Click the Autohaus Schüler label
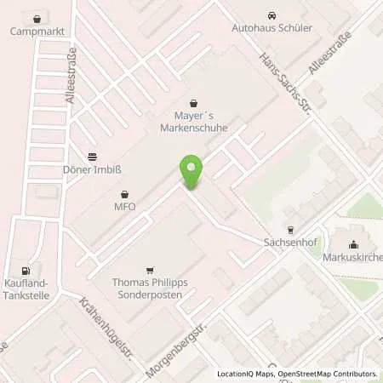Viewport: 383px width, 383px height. pyautogui.click(x=272, y=28)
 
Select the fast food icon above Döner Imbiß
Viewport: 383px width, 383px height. pyautogui.click(x=92, y=155)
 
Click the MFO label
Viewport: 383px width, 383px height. pyautogui.click(x=124, y=206)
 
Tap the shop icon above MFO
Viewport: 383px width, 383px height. pyautogui.click(x=124, y=193)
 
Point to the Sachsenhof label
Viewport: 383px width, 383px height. pyautogui.click(x=290, y=242)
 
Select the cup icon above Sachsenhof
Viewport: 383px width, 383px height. pyautogui.click(x=290, y=229)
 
